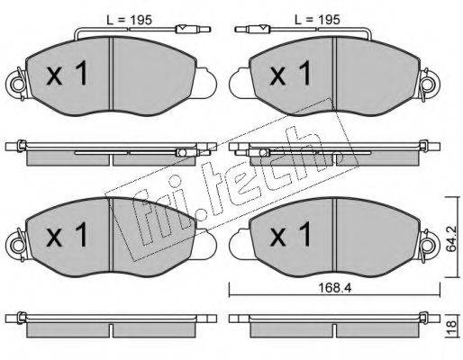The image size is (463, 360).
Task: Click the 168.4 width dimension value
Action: [334, 288]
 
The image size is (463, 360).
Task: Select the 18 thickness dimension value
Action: [451, 326]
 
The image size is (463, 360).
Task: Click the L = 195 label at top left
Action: [130, 20]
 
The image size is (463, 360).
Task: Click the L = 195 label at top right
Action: [317, 20]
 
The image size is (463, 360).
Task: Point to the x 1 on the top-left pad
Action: [67, 73]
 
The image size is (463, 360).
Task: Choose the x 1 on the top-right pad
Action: [290, 73]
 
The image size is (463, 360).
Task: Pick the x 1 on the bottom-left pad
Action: [67, 235]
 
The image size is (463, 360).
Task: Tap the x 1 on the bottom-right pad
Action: [290, 235]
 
